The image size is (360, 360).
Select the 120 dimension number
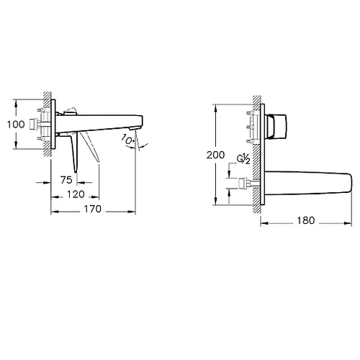pos(76,195)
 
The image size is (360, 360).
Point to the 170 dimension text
pos(92,210)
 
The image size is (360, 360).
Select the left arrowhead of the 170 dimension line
pos(52,211)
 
